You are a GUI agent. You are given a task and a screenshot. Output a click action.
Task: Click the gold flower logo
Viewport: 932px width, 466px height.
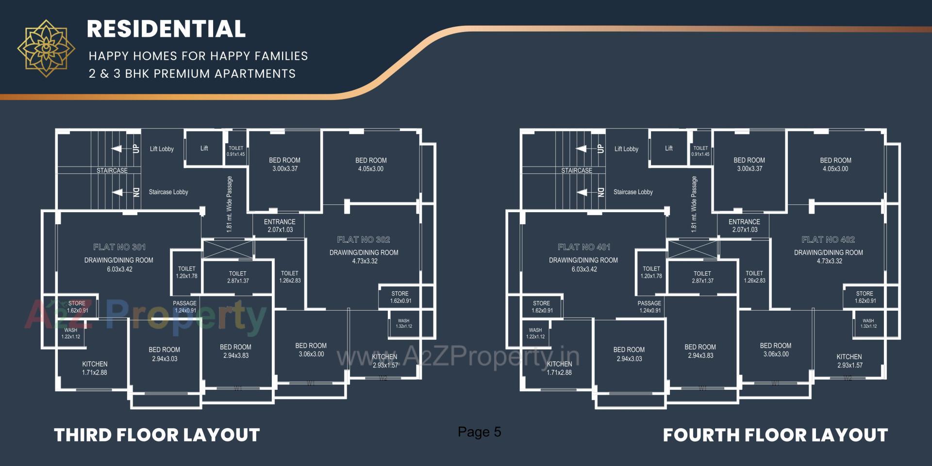[x=46, y=49]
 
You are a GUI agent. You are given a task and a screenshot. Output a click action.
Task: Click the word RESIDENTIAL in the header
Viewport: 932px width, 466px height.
[x=166, y=29]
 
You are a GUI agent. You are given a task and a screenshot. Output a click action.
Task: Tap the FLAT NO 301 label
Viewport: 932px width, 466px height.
[x=119, y=247]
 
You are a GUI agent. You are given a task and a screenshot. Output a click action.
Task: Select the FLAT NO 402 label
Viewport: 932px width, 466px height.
[x=828, y=239]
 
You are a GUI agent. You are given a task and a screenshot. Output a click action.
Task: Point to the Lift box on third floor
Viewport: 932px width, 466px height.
[x=204, y=149]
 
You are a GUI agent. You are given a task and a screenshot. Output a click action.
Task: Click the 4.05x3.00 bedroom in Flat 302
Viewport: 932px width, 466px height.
[x=371, y=165]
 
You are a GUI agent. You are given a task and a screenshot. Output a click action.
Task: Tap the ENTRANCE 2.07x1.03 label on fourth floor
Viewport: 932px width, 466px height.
[x=744, y=226]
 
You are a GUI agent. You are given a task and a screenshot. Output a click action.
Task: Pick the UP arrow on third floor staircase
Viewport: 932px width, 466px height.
[x=117, y=149]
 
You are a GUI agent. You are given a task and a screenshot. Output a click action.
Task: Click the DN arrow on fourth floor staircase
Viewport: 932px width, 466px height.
[x=582, y=192]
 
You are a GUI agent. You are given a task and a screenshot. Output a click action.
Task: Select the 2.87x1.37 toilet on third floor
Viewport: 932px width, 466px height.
[x=237, y=277]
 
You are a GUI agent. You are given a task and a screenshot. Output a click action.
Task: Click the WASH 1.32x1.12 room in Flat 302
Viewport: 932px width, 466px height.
[x=403, y=324]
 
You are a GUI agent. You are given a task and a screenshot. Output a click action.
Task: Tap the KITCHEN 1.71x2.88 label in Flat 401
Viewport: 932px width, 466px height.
[x=559, y=368]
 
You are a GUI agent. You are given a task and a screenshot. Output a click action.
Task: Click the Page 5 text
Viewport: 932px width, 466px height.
[x=479, y=432]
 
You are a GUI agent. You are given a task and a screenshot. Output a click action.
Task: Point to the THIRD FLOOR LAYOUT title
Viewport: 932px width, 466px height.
[x=157, y=435]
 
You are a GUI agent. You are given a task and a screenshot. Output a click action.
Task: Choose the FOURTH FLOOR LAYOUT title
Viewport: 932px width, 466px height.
[x=775, y=435]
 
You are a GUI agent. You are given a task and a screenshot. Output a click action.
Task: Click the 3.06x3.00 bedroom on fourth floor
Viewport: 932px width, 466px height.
[x=775, y=349]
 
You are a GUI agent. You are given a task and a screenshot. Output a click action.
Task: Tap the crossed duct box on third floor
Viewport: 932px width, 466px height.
[x=227, y=249]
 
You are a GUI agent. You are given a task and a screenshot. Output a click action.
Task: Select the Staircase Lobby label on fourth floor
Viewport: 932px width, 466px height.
[x=633, y=192]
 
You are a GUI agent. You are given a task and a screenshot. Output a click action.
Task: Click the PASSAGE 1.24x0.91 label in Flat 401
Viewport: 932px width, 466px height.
[x=649, y=307]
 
